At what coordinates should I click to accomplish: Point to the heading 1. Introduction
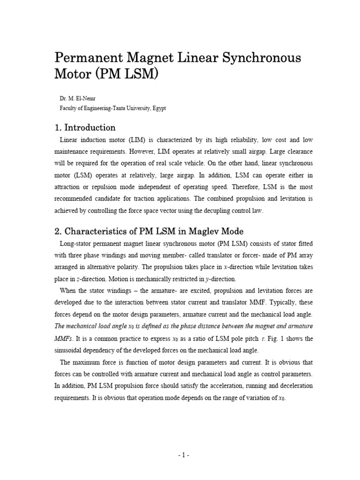pos(85,127)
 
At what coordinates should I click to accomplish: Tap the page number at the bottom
pos(180,455)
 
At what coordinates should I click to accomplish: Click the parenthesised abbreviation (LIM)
pos(131,140)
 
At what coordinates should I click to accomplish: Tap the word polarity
pos(142,267)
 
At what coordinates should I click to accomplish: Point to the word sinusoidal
pos(72,350)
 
